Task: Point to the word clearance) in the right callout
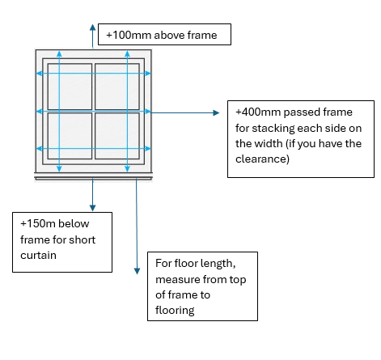point(262,159)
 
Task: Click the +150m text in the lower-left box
point(38,223)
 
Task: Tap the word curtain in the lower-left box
point(38,255)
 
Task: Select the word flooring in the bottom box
point(175,311)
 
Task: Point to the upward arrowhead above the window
point(93,28)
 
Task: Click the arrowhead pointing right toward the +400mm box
point(216,112)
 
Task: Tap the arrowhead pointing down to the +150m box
point(92,208)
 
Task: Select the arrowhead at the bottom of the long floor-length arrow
point(137,271)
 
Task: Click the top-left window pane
point(70,87)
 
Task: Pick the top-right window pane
point(117,87)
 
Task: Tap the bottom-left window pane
point(70,136)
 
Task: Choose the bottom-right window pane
point(117,136)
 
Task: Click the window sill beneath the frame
point(93,178)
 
